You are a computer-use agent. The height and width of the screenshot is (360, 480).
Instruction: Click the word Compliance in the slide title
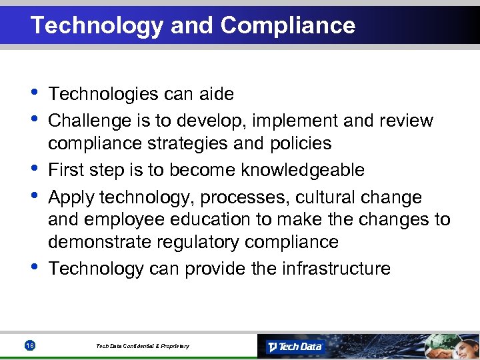(x=287, y=25)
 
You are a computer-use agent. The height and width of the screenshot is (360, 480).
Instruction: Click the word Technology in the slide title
(x=97, y=25)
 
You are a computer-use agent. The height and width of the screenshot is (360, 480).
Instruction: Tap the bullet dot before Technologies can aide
(x=34, y=91)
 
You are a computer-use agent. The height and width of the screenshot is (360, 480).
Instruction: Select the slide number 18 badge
(x=29, y=345)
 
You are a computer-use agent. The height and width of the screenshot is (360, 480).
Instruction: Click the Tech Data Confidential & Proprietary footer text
(x=142, y=346)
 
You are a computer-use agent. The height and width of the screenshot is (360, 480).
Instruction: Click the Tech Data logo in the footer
(x=295, y=346)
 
